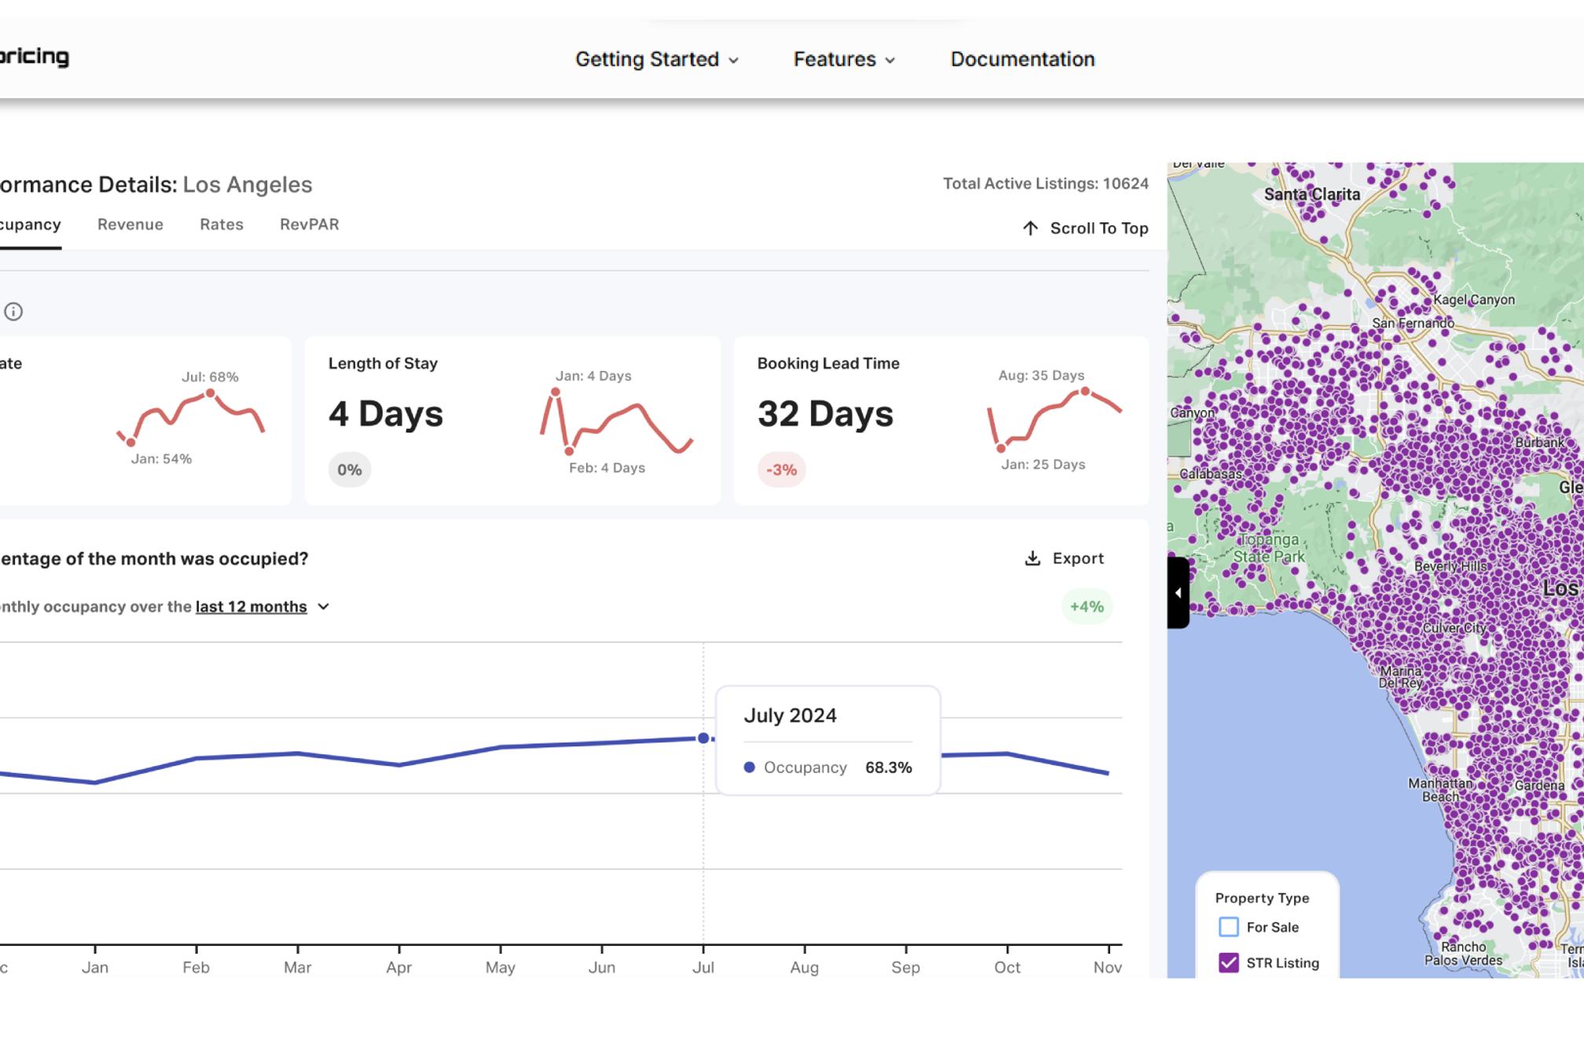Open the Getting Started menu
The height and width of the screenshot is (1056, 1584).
656,59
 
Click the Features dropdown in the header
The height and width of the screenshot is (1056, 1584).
844,59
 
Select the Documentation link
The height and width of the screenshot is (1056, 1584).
1022,59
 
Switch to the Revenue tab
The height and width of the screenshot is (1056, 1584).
130,225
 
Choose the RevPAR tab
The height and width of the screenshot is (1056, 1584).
310,225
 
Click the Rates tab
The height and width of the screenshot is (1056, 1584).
222,225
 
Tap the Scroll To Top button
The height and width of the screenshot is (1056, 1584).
1085,228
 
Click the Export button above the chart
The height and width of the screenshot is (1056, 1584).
1065,558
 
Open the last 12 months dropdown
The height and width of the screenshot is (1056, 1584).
262,607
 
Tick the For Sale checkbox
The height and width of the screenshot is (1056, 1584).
1229,927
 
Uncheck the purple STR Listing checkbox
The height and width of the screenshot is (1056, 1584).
1229,962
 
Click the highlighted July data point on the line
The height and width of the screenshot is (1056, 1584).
703,738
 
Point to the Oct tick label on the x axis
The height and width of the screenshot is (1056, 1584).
1006,967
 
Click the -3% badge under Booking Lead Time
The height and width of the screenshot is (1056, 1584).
781,470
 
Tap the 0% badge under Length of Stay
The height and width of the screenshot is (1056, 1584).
350,470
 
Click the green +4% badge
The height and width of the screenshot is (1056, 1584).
1087,607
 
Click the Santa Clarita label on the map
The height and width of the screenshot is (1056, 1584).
1311,194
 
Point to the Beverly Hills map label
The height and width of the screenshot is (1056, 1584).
1450,566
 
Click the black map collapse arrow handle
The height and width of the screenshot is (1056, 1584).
1178,592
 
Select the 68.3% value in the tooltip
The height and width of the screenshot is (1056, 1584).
888,768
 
